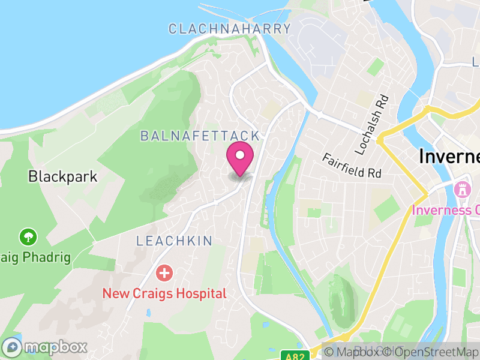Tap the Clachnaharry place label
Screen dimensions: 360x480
229,28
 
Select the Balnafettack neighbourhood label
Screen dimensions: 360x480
200,136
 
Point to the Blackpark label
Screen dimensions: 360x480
62,176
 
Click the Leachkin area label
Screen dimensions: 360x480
174,241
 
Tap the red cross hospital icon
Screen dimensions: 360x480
164,274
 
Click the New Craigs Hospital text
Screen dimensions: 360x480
164,293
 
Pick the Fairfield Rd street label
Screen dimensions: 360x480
352,166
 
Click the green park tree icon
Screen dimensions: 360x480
28,237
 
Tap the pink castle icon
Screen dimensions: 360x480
463,190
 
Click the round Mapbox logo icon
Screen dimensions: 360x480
12,347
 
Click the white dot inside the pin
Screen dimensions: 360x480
240,155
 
